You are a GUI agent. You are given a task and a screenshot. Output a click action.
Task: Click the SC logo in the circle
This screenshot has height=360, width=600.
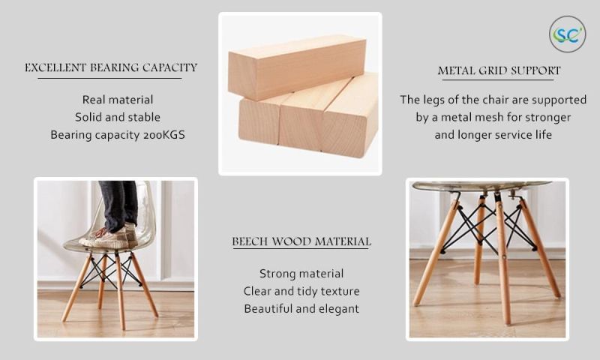tap(568, 34)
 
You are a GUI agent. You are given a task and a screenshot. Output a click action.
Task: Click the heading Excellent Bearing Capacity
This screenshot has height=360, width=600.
tap(111, 67)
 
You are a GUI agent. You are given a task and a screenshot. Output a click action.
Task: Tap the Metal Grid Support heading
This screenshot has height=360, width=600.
tap(499, 70)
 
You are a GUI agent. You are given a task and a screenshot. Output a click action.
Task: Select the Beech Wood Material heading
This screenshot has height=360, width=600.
tap(301, 241)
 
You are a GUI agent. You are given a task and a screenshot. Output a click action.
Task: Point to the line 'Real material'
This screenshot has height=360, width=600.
tap(118, 100)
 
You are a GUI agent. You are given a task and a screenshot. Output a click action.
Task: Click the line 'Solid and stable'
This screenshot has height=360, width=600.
tap(118, 118)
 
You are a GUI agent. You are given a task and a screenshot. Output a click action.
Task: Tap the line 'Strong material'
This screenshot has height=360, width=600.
tap(301, 274)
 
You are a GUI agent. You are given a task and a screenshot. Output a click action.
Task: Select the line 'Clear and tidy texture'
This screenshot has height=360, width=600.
tap(301, 292)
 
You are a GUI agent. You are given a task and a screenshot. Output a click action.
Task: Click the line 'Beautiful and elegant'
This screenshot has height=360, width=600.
tap(301, 309)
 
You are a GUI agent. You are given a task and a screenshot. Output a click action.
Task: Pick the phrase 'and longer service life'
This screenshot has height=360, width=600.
tap(493, 135)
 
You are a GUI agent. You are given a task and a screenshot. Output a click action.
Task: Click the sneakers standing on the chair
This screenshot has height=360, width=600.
tap(108, 236)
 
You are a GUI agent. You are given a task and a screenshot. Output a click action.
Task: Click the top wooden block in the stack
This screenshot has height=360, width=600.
tap(297, 67)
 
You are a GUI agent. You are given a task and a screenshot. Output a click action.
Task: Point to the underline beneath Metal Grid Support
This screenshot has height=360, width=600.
tap(498, 80)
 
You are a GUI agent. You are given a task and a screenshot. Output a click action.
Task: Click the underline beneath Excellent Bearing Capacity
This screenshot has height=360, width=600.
tap(109, 79)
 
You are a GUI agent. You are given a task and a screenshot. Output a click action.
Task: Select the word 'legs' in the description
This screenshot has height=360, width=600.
tap(433, 100)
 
